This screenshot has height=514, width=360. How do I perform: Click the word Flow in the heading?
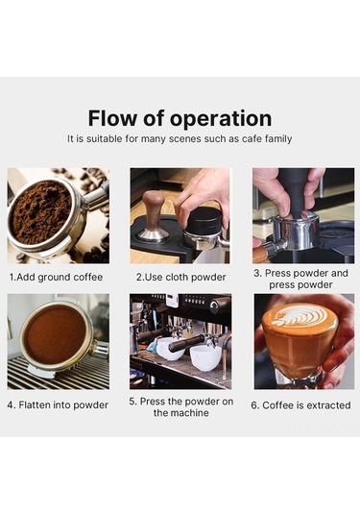point(111,118)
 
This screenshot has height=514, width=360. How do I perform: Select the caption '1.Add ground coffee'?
point(56,278)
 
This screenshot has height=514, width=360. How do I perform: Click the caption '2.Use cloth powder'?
point(181,278)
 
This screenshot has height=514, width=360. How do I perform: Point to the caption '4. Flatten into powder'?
point(58,405)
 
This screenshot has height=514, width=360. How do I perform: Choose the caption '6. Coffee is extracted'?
point(300,405)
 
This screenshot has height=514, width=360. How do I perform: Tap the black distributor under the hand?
point(204,220)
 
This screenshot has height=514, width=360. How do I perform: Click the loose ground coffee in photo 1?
point(41,211)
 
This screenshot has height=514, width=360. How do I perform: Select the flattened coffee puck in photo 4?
point(55,335)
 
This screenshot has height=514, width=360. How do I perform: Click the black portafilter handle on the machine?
point(186,343)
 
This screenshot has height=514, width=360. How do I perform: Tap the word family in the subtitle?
point(278,139)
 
